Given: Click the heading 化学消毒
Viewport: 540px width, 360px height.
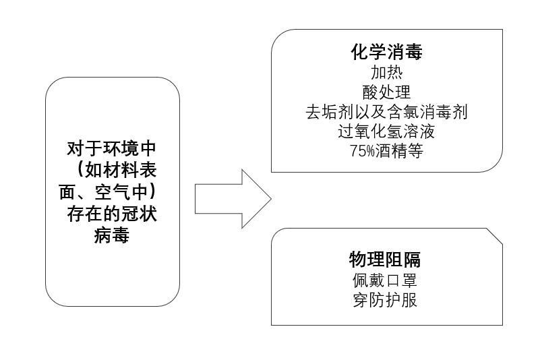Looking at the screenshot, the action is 386,52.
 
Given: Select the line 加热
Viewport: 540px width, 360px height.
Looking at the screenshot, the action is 386,72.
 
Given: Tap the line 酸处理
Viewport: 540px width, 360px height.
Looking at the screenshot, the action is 386,92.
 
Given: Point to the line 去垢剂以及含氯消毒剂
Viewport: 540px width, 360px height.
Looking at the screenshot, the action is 386,112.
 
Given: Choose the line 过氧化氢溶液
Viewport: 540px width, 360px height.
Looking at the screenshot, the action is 386,131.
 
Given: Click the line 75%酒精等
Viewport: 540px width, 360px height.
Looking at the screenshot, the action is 386,151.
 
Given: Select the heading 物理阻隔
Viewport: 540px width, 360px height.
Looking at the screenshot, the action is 385,260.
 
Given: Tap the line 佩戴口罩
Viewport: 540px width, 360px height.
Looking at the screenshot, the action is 385,280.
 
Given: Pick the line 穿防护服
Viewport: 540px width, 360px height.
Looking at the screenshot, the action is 385,300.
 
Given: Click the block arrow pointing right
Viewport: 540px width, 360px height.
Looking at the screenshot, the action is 233,199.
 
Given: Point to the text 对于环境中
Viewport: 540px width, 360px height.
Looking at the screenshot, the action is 112,149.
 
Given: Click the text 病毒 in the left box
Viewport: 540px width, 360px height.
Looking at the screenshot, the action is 112,236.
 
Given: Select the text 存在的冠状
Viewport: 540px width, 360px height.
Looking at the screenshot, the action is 112,214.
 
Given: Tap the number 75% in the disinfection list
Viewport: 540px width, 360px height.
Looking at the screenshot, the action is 362,151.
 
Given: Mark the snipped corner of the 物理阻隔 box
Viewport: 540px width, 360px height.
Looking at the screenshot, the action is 495,236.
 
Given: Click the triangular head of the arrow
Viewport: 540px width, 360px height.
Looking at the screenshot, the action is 257,199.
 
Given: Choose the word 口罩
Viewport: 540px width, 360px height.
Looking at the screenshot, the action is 401,280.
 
